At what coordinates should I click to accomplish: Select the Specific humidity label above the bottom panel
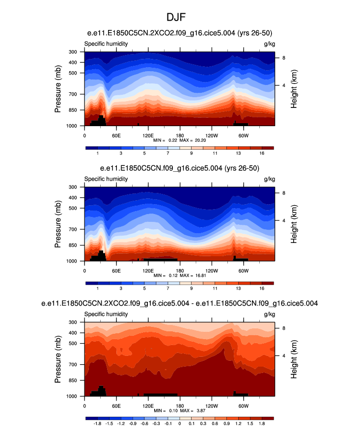pyautogui.click(x=106, y=314)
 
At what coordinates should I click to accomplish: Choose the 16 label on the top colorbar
pyautogui.click(x=262, y=153)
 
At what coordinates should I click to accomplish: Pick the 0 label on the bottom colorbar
pyautogui.click(x=180, y=423)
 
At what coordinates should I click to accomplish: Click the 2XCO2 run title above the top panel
pyautogui.click(x=180, y=33)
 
